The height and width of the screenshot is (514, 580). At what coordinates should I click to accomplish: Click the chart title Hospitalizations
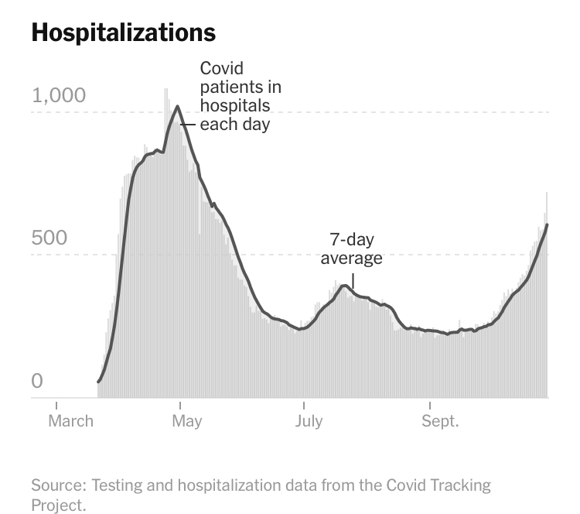coord(123,33)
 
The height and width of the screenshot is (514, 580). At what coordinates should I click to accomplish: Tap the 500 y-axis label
coord(49,238)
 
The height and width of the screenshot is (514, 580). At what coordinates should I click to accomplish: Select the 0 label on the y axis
coord(38,381)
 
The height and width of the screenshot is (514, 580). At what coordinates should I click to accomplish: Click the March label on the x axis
coord(70,421)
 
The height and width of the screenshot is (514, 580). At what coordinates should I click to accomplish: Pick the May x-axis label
coord(186,421)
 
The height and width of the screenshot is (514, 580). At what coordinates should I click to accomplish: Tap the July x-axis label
coord(309,421)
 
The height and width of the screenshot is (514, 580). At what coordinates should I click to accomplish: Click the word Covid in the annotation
coord(222,69)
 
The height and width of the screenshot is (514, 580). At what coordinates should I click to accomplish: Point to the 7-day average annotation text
coord(352,248)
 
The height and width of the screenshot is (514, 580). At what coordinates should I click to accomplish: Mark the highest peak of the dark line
coord(177,106)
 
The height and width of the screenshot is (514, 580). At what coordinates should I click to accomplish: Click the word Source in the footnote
coord(58,486)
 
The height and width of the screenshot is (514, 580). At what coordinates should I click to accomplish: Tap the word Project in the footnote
coord(57,505)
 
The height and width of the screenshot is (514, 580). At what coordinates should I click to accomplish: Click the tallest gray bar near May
coord(165,91)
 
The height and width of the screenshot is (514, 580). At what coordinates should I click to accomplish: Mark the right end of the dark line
coord(548,224)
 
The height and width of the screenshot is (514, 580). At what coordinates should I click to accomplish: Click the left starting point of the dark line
coord(98,382)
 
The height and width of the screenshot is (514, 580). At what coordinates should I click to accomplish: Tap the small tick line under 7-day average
coord(353,280)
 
